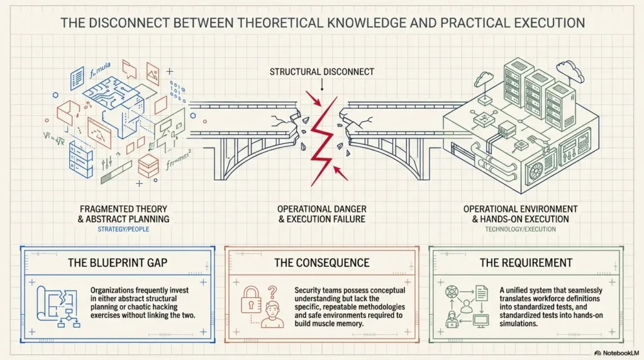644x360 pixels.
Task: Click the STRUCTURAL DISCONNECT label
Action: point(321,72)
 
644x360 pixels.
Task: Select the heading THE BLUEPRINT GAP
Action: point(118,262)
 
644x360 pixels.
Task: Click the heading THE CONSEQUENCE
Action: point(321,262)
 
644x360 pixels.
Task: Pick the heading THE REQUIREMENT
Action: point(526,262)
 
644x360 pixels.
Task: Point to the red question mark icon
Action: point(272,292)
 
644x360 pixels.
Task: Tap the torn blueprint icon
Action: point(57,307)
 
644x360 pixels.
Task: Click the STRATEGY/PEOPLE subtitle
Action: point(123,229)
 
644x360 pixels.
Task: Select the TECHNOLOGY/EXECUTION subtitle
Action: point(520,229)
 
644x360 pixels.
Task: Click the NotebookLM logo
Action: point(616,353)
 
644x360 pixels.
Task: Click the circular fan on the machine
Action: point(537,170)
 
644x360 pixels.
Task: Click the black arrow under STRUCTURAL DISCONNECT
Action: point(322,85)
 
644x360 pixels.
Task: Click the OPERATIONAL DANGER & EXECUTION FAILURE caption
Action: point(321,214)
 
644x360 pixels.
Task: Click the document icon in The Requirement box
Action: point(481,293)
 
